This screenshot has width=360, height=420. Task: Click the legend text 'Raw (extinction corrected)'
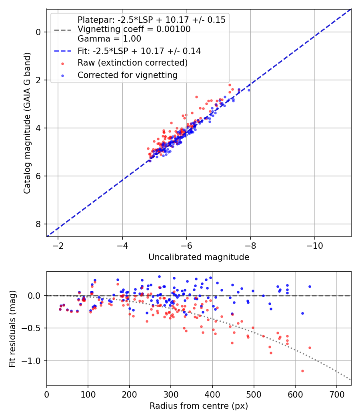[132, 63]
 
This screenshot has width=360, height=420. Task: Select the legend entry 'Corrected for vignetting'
[127, 75]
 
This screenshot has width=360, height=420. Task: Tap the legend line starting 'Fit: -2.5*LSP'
[139, 51]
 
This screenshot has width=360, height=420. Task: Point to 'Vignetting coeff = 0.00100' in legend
[134, 29]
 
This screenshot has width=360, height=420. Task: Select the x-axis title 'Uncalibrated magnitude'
[199, 257]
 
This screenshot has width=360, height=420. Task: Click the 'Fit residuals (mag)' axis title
[12, 328]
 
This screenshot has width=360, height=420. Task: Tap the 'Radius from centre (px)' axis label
[199, 406]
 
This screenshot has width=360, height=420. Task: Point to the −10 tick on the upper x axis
[314, 245]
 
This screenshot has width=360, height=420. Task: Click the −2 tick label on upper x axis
[58, 245]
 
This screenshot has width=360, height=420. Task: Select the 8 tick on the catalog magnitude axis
[39, 224]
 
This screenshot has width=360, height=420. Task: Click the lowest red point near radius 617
[302, 371]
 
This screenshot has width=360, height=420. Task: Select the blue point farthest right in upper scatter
[249, 90]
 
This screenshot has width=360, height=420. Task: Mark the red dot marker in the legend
[62, 63]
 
